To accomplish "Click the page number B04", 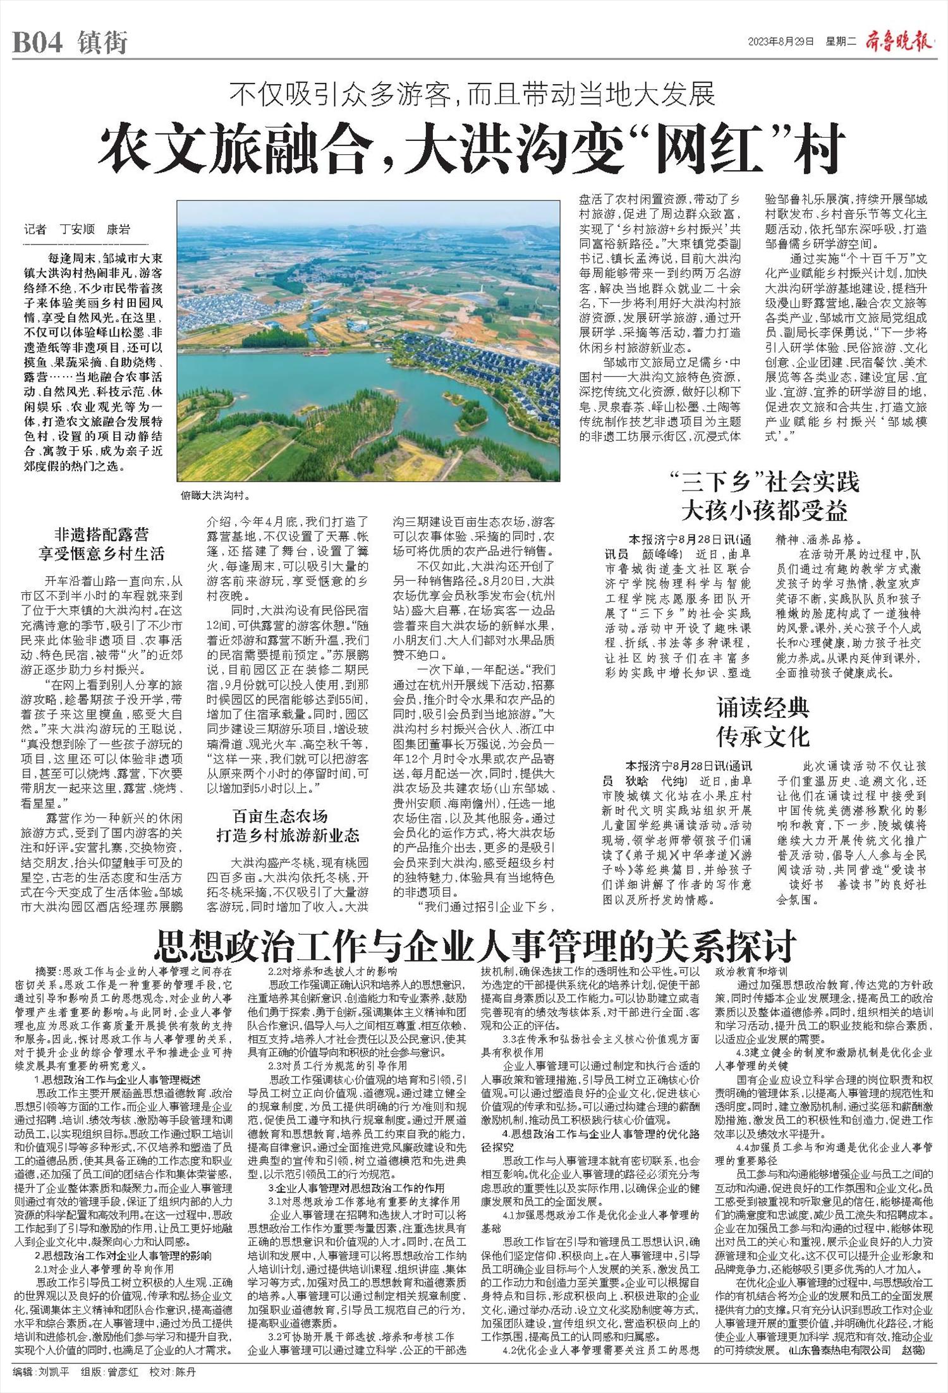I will (37, 43).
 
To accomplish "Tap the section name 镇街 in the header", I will (103, 43).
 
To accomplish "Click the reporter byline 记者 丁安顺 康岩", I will (76, 229).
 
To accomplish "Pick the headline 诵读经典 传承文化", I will (763, 722).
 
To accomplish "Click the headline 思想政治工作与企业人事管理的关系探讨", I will (475, 946).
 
